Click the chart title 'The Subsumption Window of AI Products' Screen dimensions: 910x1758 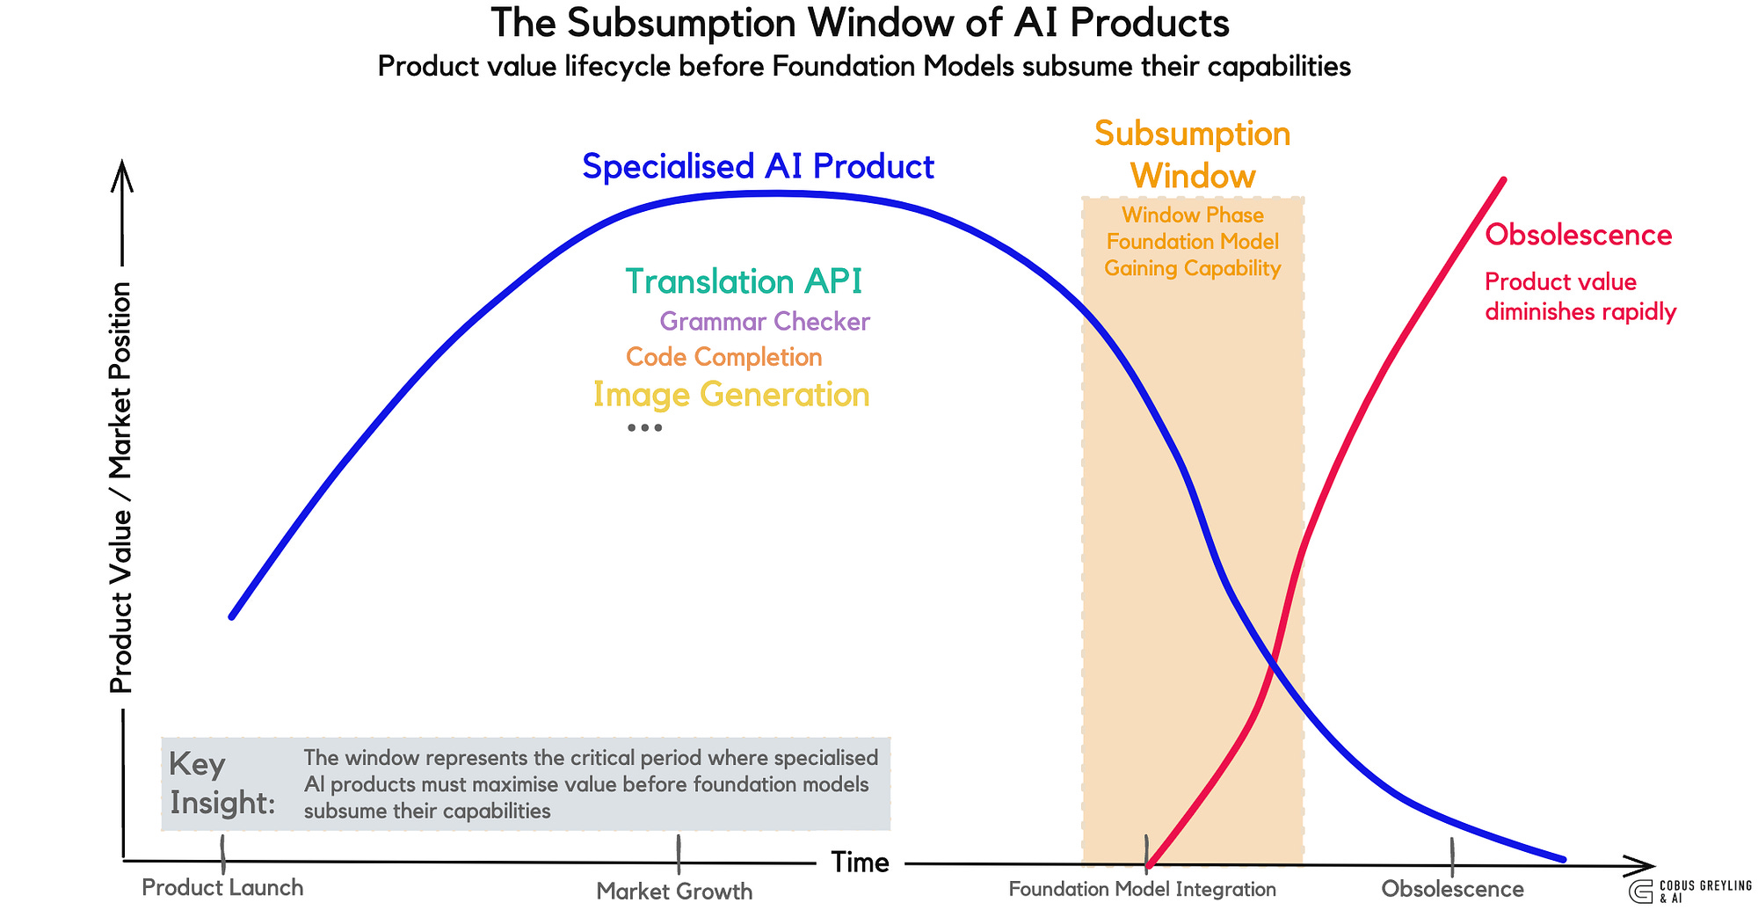[x=860, y=24]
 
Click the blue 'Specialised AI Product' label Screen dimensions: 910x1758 [x=758, y=166]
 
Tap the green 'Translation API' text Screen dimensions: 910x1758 [x=744, y=281]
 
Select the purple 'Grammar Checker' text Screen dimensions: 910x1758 [x=765, y=322]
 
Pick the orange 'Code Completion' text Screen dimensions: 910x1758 [x=724, y=357]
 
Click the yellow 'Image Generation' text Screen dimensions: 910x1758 [x=731, y=395]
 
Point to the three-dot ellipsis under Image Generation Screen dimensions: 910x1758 [x=644, y=428]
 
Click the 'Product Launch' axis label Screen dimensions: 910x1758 [x=222, y=888]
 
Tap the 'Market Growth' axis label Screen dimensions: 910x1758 [x=674, y=892]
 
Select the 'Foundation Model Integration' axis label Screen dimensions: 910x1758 [x=1142, y=890]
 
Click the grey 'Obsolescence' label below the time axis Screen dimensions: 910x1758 [x=1452, y=890]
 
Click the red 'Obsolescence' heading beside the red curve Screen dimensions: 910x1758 [x=1578, y=236]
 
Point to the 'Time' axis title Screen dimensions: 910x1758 [x=860, y=863]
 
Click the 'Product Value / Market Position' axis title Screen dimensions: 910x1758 [x=120, y=488]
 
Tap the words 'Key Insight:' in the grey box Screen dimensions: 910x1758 [x=222, y=783]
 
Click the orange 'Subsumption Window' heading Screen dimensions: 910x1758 [x=1193, y=155]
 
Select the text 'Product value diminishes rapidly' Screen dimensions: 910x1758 [x=1580, y=297]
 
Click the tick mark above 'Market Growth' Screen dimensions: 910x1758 [x=679, y=854]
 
